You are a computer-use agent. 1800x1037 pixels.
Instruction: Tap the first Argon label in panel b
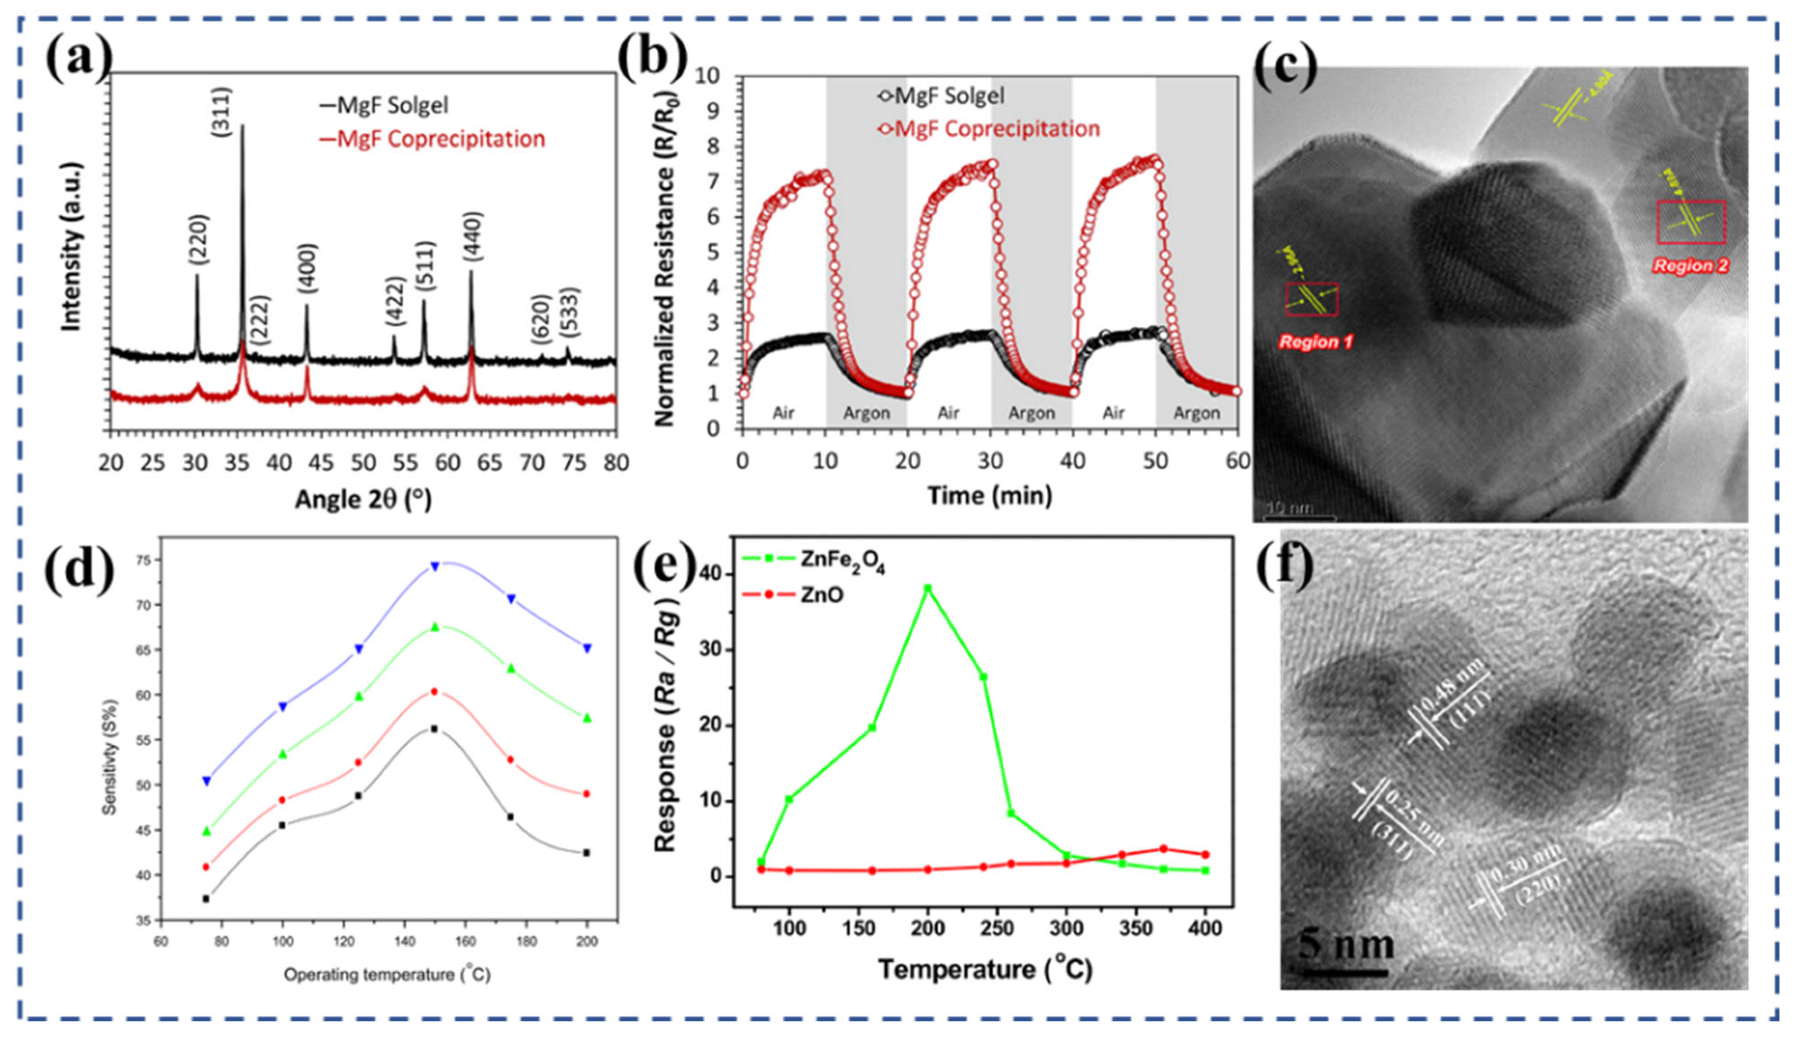coord(866,413)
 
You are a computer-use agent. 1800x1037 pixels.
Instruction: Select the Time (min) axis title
coord(989,495)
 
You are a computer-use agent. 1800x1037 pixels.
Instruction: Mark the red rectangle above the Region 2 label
coord(1691,222)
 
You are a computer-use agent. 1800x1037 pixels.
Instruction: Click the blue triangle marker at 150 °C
coord(434,566)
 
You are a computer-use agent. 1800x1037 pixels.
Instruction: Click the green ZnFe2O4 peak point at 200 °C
coord(927,588)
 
